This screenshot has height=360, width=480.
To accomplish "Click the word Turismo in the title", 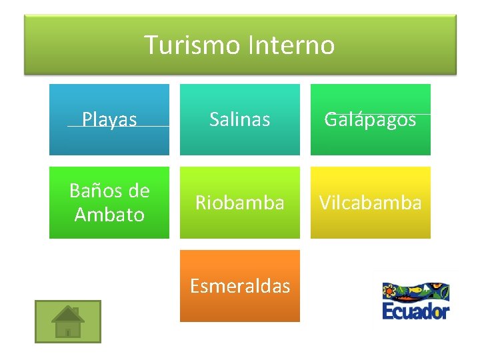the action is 193,45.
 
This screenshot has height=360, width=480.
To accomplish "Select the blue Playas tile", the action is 109,119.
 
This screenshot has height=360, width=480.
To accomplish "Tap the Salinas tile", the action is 240,119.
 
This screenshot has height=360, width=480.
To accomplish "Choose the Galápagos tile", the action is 371,119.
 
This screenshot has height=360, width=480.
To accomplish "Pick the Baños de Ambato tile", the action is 109,203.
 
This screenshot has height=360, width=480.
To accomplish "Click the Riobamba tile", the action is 240,203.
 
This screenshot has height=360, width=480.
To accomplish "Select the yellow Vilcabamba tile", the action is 371,203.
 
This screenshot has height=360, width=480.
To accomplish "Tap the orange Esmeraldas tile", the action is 240,286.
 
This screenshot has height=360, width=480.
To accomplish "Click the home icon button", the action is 68,321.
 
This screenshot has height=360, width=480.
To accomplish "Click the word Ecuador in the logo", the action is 416,311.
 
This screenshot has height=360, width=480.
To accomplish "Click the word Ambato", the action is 109,215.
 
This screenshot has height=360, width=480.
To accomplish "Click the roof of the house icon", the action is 68,313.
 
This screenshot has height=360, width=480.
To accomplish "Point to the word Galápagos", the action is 371,119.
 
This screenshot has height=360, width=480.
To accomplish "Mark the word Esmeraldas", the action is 240,286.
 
